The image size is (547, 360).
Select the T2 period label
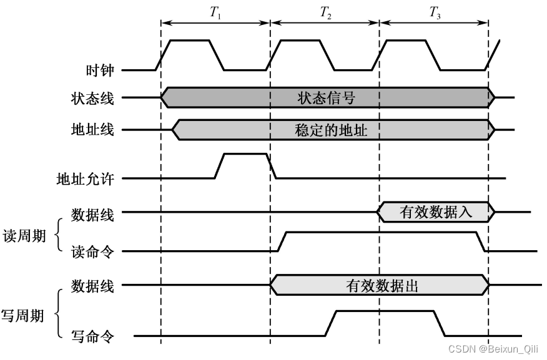(325, 14)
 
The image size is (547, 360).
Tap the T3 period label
(435, 14)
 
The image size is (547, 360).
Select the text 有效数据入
(435, 212)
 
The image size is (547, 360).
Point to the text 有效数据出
(382, 286)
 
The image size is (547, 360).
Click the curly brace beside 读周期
(59, 235)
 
